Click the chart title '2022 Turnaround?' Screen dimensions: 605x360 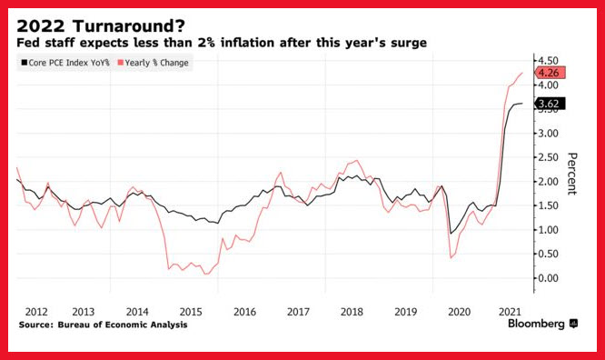[101, 26]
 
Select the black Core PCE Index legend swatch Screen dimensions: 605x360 [25, 63]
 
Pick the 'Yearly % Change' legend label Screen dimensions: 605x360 [156, 63]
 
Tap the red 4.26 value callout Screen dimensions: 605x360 [550, 73]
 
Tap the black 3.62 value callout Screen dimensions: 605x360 [550, 104]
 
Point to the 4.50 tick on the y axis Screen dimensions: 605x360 [548, 61]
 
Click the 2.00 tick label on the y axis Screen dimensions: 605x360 [548, 182]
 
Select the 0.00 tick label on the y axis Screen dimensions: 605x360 [548, 278]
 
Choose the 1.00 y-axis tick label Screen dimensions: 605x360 [548, 230]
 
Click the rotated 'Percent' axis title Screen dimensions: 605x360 [571, 174]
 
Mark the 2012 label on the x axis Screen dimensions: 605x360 [36, 312]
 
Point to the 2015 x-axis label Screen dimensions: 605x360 [191, 312]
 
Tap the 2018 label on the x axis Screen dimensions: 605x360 [352, 312]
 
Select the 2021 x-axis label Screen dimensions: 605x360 [510, 312]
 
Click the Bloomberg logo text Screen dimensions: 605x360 [536, 324]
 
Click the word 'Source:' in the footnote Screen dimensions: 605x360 [36, 325]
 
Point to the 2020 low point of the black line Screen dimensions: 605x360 [451, 234]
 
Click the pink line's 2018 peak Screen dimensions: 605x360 [356, 160]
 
